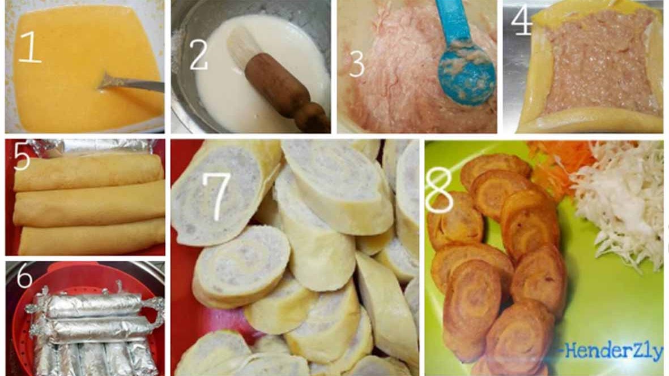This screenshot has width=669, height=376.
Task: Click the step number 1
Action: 30,47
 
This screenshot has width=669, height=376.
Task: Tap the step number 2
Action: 198,54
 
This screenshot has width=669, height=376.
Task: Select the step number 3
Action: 357,64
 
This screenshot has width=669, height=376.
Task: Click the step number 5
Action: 22,156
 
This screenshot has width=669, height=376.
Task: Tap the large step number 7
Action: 218,196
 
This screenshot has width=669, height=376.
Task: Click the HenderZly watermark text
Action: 613,352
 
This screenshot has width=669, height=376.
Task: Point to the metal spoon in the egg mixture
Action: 130,83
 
